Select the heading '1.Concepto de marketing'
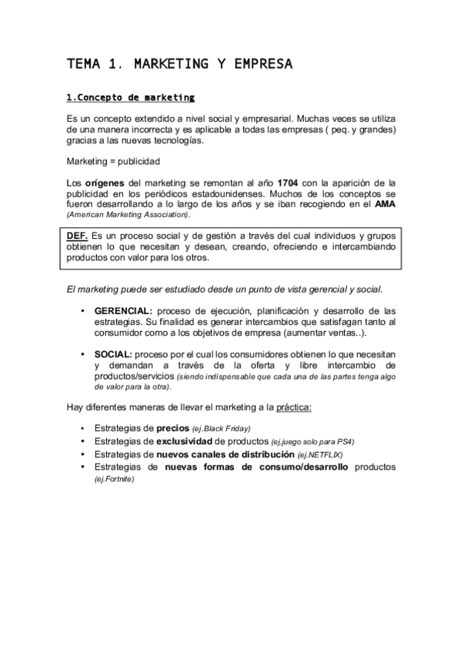tap(131, 98)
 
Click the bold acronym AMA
tap(385, 204)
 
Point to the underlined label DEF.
tap(78, 235)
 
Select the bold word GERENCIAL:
tap(124, 310)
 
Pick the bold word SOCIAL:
tap(113, 353)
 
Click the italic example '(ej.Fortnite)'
tap(114, 478)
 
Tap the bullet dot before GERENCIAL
tap(83, 310)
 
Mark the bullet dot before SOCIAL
tap(83, 353)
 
